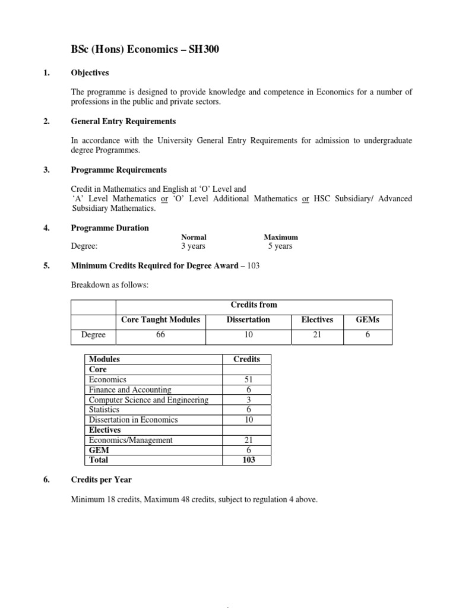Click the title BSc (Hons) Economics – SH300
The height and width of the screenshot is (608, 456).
145,50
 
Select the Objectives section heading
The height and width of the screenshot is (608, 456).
90,73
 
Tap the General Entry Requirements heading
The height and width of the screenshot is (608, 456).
123,121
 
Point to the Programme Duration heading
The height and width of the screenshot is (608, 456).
110,228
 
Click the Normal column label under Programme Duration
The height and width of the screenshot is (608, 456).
193,237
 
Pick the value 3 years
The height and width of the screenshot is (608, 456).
194,246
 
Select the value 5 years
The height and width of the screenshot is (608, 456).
280,246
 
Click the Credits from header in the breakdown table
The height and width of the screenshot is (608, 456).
254,305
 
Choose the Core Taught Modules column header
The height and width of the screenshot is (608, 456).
160,319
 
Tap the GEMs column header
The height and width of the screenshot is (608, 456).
367,319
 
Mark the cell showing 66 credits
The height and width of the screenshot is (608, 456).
160,335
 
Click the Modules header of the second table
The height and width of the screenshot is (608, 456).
104,359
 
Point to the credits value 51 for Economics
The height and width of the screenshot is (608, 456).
249,379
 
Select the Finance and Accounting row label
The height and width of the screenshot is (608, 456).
129,389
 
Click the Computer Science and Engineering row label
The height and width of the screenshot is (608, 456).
148,400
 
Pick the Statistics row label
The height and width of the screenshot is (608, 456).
104,410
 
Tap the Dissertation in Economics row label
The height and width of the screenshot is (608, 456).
133,420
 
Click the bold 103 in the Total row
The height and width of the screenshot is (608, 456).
249,460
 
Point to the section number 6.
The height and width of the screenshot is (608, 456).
47,480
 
